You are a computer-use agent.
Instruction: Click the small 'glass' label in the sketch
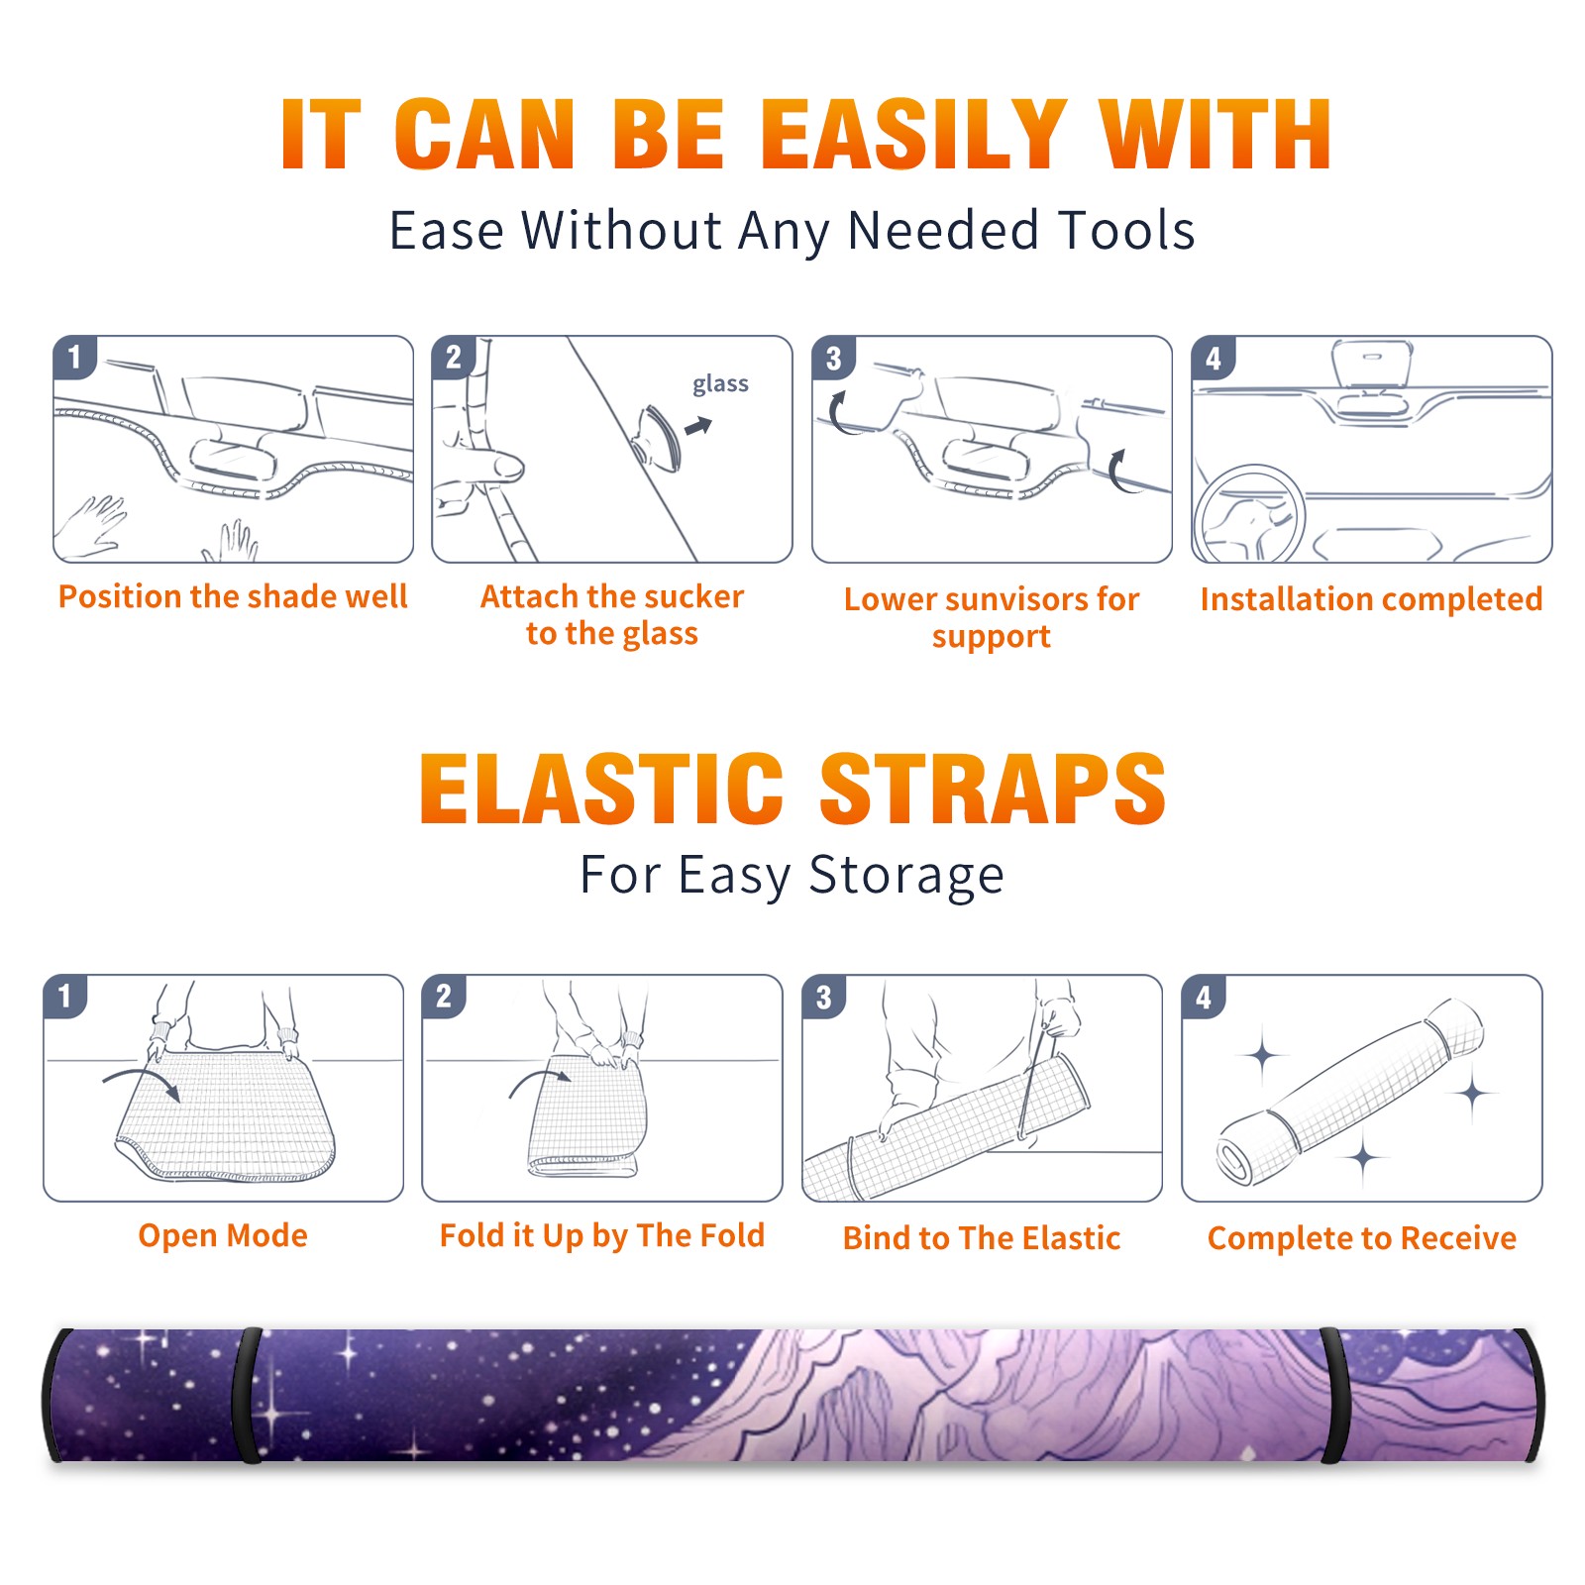(x=720, y=384)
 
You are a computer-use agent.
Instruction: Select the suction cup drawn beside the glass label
(x=660, y=437)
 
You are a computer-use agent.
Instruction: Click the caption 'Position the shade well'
(x=233, y=596)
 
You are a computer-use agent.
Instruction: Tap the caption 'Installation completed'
(x=1371, y=598)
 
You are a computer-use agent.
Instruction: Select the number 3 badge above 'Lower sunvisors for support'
(x=833, y=359)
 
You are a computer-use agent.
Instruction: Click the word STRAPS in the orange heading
(x=993, y=789)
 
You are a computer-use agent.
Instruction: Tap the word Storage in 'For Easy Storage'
(x=906, y=876)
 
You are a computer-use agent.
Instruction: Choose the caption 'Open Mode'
(x=223, y=1235)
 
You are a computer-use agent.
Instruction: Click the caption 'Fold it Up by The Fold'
(x=602, y=1236)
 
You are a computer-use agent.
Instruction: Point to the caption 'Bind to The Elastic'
(x=982, y=1238)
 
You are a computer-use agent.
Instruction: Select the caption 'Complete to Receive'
(x=1362, y=1238)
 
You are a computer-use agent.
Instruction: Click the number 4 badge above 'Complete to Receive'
(x=1204, y=997)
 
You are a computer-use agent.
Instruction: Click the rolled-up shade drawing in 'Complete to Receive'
(x=1350, y=1092)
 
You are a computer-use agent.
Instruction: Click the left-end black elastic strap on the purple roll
(x=247, y=1395)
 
